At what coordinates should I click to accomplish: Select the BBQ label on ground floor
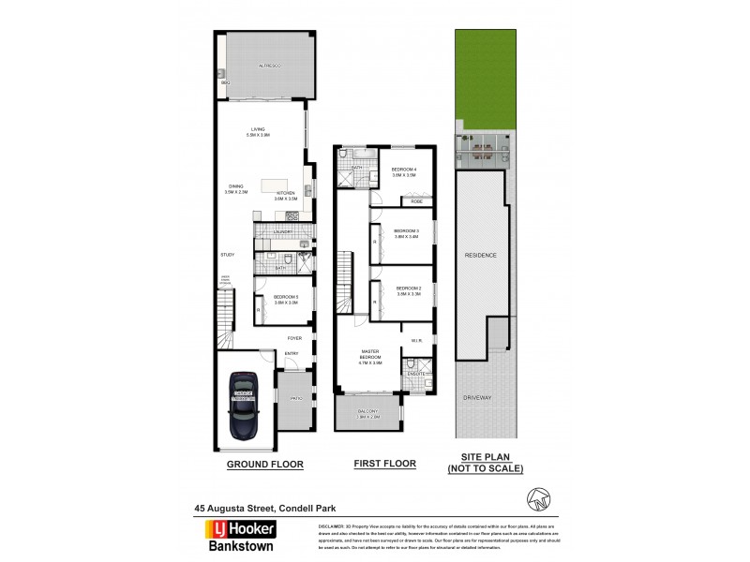[225, 82]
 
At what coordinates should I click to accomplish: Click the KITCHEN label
[285, 195]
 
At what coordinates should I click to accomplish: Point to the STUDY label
[227, 255]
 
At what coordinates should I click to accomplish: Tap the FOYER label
[294, 338]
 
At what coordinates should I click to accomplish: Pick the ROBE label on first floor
[415, 201]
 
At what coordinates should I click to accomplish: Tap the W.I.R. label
[417, 339]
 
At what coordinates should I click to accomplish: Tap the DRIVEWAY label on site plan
[476, 398]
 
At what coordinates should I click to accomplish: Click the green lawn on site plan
[485, 75]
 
